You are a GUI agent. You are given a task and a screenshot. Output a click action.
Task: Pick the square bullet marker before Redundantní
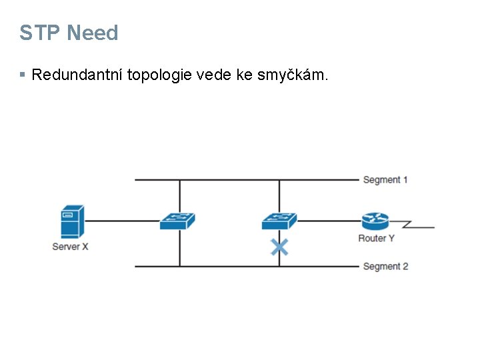(23, 75)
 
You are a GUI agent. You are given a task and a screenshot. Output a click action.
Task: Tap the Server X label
(70, 247)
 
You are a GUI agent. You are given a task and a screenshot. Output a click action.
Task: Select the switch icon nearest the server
(177, 221)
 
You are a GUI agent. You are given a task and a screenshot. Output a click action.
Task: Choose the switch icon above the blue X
(279, 221)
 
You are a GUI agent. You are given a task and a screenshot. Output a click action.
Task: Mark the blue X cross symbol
(279, 247)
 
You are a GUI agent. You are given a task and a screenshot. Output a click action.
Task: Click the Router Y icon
(375, 221)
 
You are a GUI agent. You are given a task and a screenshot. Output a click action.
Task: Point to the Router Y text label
(376, 238)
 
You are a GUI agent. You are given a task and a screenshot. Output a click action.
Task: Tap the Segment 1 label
(385, 180)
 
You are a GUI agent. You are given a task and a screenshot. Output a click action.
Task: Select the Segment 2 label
(385, 267)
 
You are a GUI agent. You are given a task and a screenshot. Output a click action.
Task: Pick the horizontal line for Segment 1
(247, 180)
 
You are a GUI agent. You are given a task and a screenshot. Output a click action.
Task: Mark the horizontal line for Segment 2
(247, 267)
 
